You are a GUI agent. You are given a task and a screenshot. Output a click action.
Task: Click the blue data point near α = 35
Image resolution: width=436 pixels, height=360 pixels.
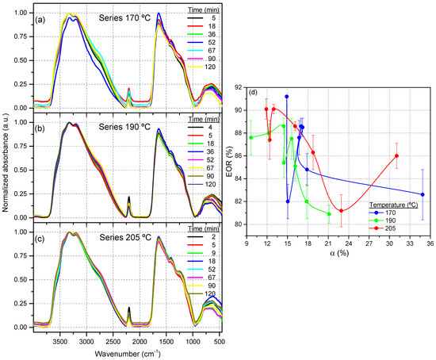pos(423,194)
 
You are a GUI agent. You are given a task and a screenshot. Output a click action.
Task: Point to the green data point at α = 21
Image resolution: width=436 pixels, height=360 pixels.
pos(329,214)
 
